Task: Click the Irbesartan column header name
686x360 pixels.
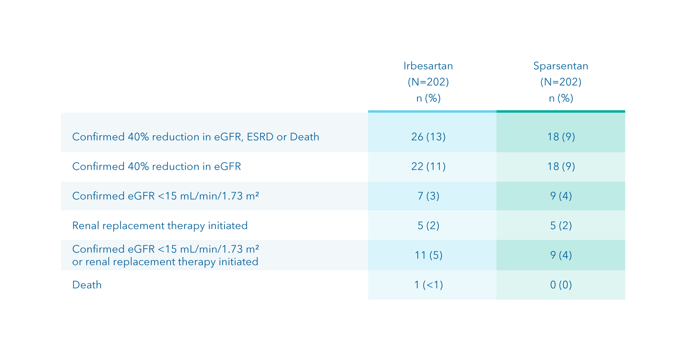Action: [x=428, y=66]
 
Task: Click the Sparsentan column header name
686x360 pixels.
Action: [x=561, y=66]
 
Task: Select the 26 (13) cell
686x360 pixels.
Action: [x=428, y=137]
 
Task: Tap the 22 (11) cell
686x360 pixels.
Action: [x=428, y=166]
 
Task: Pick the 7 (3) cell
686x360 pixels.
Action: [x=428, y=196]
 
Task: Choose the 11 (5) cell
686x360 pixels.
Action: [x=428, y=255]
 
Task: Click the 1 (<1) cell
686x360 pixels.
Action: [x=428, y=285]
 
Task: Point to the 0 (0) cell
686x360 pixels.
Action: [x=561, y=285]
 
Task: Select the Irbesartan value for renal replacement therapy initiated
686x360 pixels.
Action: [x=428, y=226]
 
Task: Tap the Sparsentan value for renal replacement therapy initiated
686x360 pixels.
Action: [x=561, y=226]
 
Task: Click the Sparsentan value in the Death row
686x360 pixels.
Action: [x=561, y=285]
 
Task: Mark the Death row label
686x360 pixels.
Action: [x=87, y=285]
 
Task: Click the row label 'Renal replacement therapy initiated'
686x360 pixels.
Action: [x=160, y=226]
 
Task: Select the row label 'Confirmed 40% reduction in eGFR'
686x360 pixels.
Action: [x=156, y=166]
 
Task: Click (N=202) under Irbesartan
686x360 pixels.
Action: [x=428, y=82]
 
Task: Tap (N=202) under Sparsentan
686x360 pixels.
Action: [x=561, y=82]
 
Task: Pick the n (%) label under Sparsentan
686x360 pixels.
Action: [x=561, y=98]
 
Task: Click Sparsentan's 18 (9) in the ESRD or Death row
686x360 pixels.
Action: [x=561, y=137]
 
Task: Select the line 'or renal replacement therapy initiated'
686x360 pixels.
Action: [x=165, y=262]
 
